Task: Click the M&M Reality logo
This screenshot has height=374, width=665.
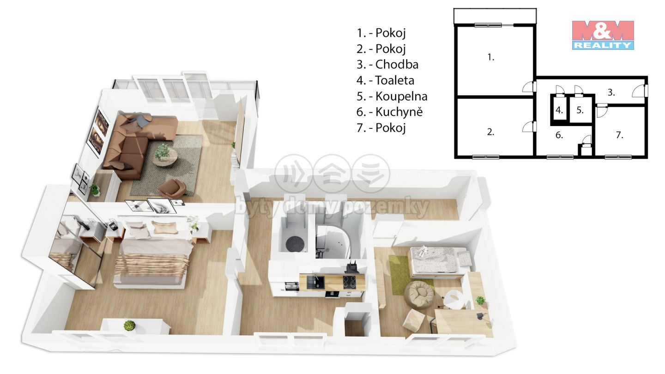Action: click(x=603, y=35)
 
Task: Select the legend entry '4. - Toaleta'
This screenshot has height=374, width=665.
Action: click(x=385, y=80)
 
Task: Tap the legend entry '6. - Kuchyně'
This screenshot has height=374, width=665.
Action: click(x=389, y=112)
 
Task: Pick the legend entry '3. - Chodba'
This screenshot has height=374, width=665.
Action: click(x=387, y=65)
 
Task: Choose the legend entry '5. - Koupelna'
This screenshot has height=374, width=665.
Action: click(x=392, y=96)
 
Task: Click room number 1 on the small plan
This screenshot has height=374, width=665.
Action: click(x=491, y=57)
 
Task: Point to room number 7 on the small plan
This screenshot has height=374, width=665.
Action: click(x=619, y=135)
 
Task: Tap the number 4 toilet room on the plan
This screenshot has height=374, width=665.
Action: click(x=559, y=110)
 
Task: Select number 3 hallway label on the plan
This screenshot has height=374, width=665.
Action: click(x=611, y=93)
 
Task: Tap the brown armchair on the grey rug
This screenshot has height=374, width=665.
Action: click(x=173, y=188)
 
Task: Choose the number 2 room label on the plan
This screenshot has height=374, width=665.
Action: click(x=491, y=132)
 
